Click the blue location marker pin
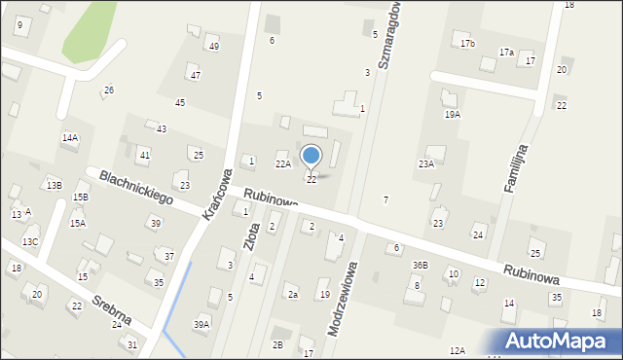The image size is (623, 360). pyautogui.click(x=311, y=157)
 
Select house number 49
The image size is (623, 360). pyautogui.click(x=213, y=47)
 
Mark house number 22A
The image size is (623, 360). pyautogui.click(x=282, y=164)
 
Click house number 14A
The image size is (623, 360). pyautogui.click(x=70, y=138)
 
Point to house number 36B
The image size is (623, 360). pyautogui.click(x=420, y=266)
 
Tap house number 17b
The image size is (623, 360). pyautogui.click(x=467, y=44)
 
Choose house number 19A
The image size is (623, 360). pyautogui.click(x=453, y=114)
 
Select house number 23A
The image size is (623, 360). pyautogui.click(x=426, y=164)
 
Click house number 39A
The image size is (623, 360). pyautogui.click(x=201, y=324)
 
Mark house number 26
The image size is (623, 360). pyautogui.click(x=109, y=90)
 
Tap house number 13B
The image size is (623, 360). pyautogui.click(x=54, y=185)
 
